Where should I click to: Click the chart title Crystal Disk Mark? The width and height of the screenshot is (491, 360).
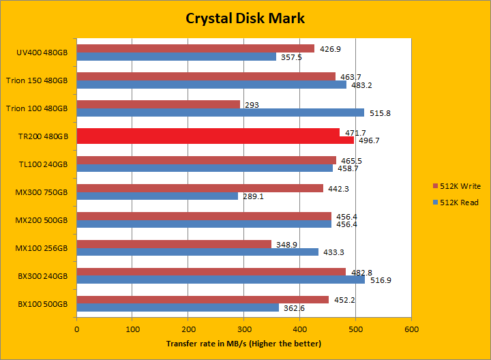[245, 18]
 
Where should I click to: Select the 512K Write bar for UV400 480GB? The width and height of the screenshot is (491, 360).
[195, 48]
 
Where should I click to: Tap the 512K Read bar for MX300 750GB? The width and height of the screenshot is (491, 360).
[157, 196]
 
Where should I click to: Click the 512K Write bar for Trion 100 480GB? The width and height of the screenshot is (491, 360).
[158, 104]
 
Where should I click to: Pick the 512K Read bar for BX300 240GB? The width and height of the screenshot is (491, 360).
[220, 280]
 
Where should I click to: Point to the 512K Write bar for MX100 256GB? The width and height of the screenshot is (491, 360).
[174, 243]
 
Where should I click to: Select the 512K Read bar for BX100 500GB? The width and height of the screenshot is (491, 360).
[177, 307]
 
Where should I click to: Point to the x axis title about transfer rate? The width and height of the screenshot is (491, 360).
[243, 343]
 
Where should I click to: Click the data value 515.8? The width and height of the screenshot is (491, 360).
[378, 113]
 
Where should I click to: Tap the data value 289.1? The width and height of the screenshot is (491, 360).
[252, 196]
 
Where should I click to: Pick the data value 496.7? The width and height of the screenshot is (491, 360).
[368, 141]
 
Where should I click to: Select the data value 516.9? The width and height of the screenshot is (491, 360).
[379, 280]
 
